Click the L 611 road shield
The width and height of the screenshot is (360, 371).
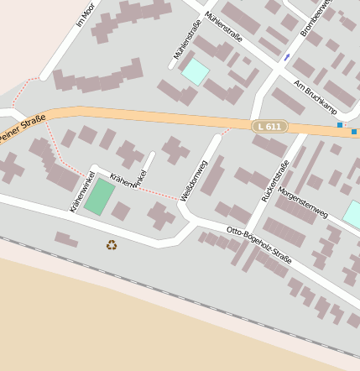pyautogui.click(x=269, y=126)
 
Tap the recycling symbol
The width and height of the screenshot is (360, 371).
pyautogui.click(x=112, y=245)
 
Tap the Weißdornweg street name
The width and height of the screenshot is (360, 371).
pyautogui.click(x=193, y=180)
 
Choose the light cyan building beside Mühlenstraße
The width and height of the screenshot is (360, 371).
pyautogui.click(x=195, y=71)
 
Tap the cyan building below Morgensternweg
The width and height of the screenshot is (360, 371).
pyautogui.click(x=352, y=214)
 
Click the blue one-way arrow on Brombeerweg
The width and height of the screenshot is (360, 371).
pyautogui.click(x=287, y=57)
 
